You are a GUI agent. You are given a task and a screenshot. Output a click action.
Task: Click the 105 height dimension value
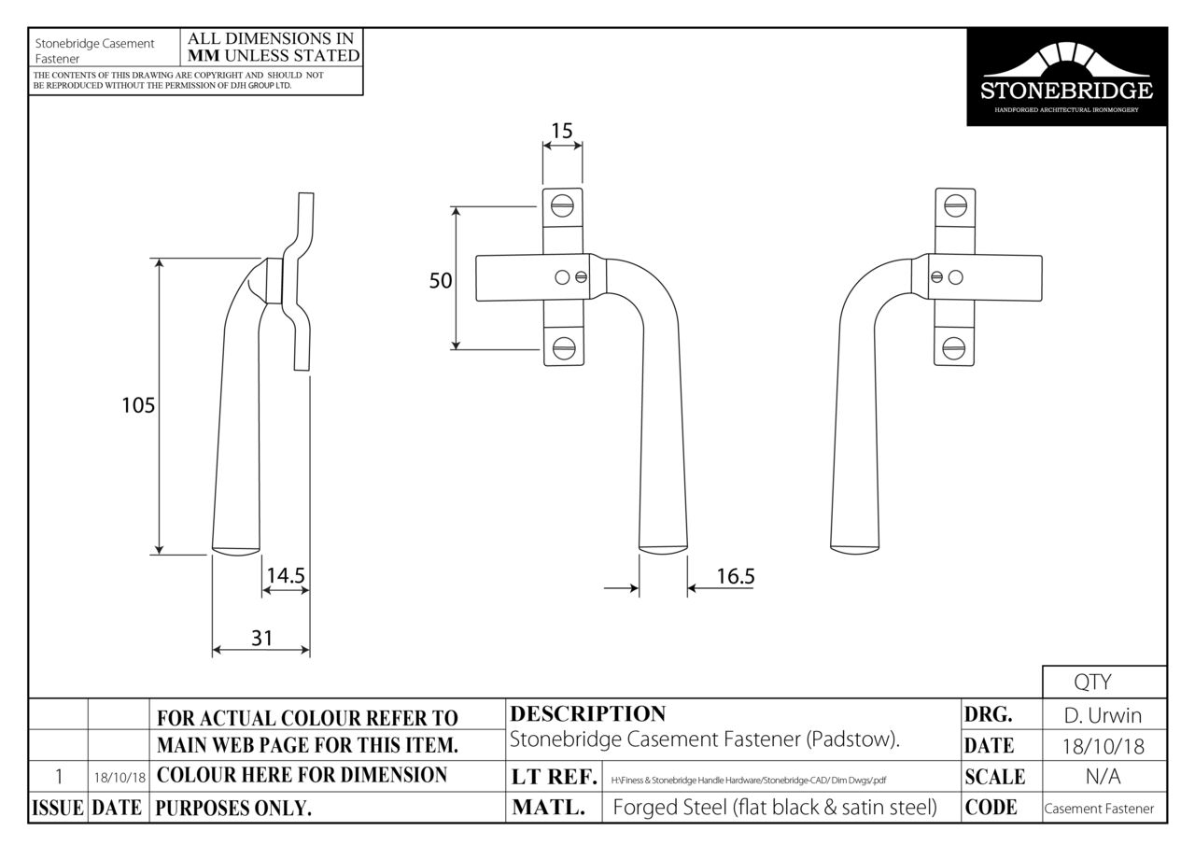coord(138,405)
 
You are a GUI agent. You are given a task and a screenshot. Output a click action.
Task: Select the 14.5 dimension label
coord(286,576)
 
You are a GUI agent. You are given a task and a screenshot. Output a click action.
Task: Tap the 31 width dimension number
coord(261,638)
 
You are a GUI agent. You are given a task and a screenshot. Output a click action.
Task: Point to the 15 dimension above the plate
coord(561,131)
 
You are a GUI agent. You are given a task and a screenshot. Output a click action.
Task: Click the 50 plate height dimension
coord(441,280)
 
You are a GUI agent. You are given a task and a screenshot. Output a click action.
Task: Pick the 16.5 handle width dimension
coord(735,576)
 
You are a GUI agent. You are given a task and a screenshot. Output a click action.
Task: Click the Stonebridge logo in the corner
coord(1066,77)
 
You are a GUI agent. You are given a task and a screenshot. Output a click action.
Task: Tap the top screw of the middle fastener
coord(562,205)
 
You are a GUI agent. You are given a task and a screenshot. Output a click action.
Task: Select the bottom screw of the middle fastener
coord(562,349)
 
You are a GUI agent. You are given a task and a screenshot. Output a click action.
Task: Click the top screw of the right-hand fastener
coord(954,205)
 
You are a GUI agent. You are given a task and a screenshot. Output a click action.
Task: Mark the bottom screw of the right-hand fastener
coord(954,349)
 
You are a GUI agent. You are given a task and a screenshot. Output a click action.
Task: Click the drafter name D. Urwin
coord(1104,716)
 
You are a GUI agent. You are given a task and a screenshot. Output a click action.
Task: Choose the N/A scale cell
coord(1104,777)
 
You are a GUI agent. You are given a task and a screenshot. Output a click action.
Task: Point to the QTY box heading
coord(1104,683)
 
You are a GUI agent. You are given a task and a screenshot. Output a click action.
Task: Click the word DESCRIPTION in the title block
coord(588,714)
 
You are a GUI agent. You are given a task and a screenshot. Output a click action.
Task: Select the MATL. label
coord(549,809)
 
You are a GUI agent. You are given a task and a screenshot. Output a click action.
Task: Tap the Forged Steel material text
coord(774,808)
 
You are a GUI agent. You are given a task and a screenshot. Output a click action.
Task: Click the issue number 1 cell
coord(59,776)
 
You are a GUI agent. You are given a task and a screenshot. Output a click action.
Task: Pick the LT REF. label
coord(554,777)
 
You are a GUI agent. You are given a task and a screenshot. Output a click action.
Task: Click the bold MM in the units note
coord(205,55)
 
